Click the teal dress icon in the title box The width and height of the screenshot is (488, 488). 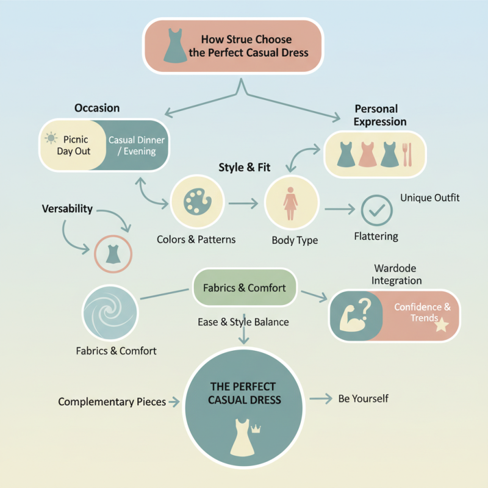(175, 46)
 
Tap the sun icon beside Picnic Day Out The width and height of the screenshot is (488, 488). (51, 138)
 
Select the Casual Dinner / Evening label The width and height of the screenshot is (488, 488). (136, 145)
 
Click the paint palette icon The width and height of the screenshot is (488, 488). (197, 201)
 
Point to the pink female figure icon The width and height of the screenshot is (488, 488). (290, 204)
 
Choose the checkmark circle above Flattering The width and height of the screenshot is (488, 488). (376, 210)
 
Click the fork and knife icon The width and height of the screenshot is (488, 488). (407, 154)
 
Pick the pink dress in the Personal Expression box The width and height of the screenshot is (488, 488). (367, 154)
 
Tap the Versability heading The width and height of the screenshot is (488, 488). (67, 209)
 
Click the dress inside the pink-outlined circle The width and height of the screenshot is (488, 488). (113, 254)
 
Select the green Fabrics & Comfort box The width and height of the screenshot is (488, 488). (245, 287)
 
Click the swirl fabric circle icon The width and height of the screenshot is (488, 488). (110, 313)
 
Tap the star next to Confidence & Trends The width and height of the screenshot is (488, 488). (442, 325)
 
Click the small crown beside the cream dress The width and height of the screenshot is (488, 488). (256, 429)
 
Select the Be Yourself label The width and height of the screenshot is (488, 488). (363, 398)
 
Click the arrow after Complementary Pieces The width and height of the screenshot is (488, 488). (174, 402)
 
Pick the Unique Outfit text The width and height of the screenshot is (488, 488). (430, 198)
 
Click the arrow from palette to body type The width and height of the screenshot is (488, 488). (243, 204)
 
